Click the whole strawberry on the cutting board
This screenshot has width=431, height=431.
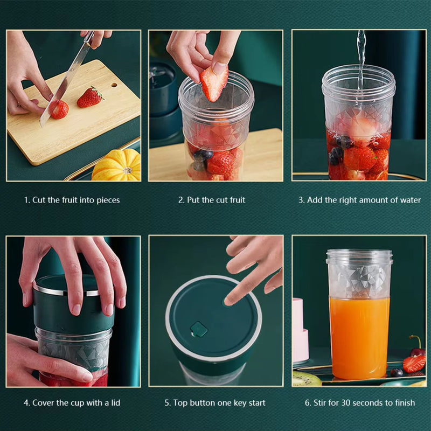(89, 98)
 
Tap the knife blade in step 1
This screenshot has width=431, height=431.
(64, 86)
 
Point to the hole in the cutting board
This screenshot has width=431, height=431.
(113, 85)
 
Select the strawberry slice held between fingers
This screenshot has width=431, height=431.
(214, 84)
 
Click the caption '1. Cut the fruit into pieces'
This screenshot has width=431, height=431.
(72, 200)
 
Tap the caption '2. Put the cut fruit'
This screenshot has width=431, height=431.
(212, 200)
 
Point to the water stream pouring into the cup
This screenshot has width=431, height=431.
(360, 54)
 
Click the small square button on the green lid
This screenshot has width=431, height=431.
(199, 329)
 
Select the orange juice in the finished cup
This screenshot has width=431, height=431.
(359, 337)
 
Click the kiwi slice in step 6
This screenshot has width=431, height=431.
(306, 379)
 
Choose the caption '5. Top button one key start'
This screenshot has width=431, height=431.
(215, 402)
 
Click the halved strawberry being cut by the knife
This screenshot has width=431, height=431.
(59, 109)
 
